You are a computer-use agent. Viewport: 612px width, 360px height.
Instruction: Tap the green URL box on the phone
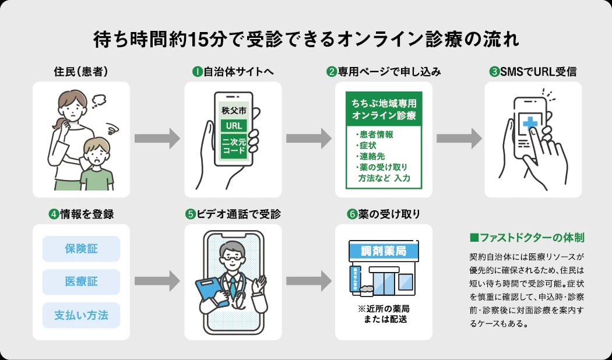click(234, 126)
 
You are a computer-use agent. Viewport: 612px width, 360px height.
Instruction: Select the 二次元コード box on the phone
click(234, 146)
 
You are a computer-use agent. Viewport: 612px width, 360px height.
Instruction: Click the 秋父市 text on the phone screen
click(234, 110)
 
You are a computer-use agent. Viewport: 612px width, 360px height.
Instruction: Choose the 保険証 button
click(81, 249)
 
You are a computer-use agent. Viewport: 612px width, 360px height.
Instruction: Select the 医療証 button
click(81, 282)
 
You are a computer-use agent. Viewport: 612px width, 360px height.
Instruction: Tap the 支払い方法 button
click(81, 315)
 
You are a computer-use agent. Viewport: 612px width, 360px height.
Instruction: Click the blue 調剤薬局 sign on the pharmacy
click(384, 251)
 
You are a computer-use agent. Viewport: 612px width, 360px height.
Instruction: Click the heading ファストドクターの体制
click(526, 238)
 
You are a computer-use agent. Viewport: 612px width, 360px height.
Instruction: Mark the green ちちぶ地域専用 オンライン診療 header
click(384, 109)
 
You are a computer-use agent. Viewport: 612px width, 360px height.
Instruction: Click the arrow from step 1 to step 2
click(308, 139)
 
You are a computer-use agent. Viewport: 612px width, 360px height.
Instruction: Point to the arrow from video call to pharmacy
click(308, 280)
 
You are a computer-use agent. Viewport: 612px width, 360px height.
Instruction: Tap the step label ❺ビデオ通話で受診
click(233, 214)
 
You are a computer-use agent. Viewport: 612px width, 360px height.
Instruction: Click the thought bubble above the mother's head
click(99, 98)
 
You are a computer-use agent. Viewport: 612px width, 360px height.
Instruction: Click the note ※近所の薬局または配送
click(384, 314)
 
